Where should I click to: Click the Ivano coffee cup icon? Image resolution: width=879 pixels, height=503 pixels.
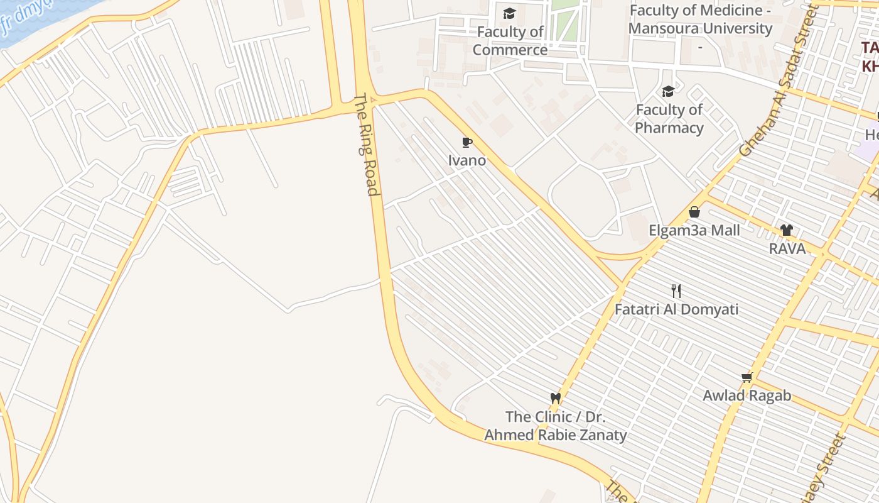click(x=466, y=142)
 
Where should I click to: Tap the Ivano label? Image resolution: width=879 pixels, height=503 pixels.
click(x=466, y=160)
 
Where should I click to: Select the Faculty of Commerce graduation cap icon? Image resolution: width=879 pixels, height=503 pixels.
click(x=509, y=13)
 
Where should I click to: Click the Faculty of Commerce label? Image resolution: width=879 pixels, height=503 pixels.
click(x=510, y=40)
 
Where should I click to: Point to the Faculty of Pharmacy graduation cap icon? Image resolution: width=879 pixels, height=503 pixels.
click(x=668, y=92)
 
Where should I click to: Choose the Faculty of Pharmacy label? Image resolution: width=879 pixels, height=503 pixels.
click(x=669, y=119)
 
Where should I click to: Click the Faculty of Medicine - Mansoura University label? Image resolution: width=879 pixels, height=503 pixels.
click(x=700, y=19)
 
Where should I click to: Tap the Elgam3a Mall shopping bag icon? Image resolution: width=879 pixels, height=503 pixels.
click(x=694, y=212)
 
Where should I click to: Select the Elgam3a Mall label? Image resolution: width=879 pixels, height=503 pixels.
click(x=694, y=230)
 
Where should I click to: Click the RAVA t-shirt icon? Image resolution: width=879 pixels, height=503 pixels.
click(x=787, y=230)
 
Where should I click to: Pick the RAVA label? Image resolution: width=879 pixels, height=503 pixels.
click(x=787, y=248)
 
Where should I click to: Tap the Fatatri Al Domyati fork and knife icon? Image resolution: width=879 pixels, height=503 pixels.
click(x=676, y=290)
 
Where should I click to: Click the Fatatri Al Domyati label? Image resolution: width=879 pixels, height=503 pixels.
click(x=676, y=309)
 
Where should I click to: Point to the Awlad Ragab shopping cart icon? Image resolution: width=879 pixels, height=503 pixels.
click(x=747, y=377)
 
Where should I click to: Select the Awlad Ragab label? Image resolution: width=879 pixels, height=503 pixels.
click(x=747, y=395)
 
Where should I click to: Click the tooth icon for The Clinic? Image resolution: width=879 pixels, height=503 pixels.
click(x=555, y=398)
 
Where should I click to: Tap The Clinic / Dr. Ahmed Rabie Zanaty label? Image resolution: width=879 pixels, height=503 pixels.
click(x=555, y=426)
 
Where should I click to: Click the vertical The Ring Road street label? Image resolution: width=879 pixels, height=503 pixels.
click(x=368, y=145)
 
